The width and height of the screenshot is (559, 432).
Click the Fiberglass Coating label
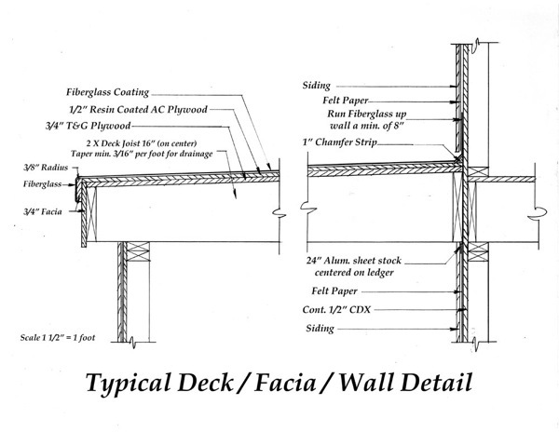[x=107, y=92]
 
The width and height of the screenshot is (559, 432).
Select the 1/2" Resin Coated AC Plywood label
[x=138, y=109]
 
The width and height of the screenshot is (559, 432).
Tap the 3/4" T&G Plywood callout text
[x=88, y=126]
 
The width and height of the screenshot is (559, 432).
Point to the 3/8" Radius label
[x=46, y=168]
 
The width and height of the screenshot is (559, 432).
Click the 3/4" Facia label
[x=43, y=212]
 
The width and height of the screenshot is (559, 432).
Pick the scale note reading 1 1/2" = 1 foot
[x=58, y=337]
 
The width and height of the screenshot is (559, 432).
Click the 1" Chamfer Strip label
[x=340, y=142]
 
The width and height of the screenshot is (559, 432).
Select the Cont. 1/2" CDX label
[x=336, y=309]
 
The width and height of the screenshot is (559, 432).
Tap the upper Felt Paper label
[x=346, y=101]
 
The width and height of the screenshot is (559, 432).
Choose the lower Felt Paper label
[x=334, y=291]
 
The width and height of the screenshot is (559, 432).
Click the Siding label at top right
[x=317, y=86]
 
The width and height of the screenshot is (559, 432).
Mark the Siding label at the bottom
[x=320, y=329]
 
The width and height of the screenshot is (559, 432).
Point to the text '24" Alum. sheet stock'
[x=354, y=261]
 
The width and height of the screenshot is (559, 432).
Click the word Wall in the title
[x=366, y=382]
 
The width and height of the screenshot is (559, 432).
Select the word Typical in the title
[x=129, y=384]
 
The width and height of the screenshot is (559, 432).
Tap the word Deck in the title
[x=205, y=382]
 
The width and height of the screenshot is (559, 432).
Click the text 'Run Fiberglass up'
[x=367, y=114]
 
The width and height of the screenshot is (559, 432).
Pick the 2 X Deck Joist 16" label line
[x=142, y=143]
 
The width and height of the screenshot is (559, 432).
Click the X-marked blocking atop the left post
[x=138, y=251]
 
